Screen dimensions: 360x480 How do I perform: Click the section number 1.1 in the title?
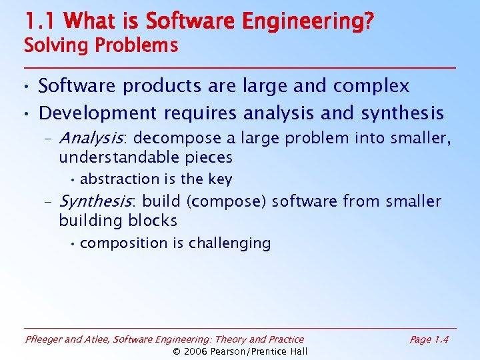point(41,21)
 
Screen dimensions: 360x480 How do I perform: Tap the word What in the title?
point(89,21)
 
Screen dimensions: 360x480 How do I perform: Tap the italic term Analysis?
point(92,138)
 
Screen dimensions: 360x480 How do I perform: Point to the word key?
point(219,179)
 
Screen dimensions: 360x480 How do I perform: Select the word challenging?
point(229,243)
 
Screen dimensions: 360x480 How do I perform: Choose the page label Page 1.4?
point(429,339)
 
